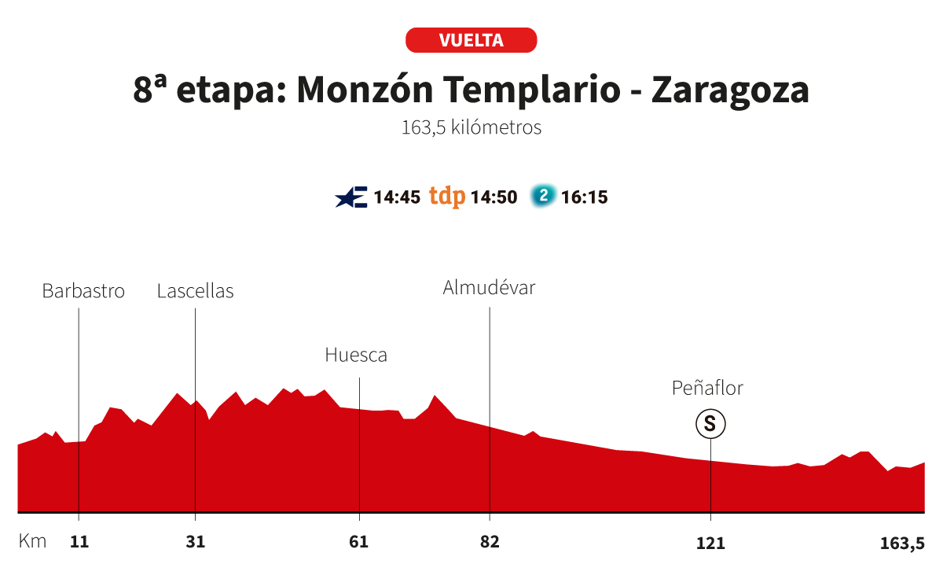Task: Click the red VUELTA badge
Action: (471, 40)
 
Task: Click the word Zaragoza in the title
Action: (730, 90)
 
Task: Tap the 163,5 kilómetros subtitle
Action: (472, 127)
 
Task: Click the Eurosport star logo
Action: (350, 197)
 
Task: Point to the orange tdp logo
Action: (447, 197)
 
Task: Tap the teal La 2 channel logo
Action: (542, 196)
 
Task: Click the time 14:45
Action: (397, 197)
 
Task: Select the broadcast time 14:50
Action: (494, 197)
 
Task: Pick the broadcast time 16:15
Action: (585, 197)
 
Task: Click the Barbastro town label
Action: (83, 291)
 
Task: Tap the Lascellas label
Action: (195, 291)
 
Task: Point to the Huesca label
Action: (356, 355)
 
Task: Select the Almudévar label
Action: (489, 288)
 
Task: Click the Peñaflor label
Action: (707, 388)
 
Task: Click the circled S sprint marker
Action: (710, 425)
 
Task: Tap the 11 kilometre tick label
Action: (79, 542)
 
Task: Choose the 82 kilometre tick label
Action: (490, 542)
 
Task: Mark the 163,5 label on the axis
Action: (901, 542)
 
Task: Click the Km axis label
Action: (32, 542)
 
